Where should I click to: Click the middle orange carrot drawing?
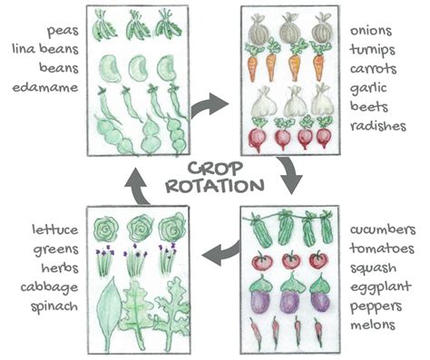pos(293,65)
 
